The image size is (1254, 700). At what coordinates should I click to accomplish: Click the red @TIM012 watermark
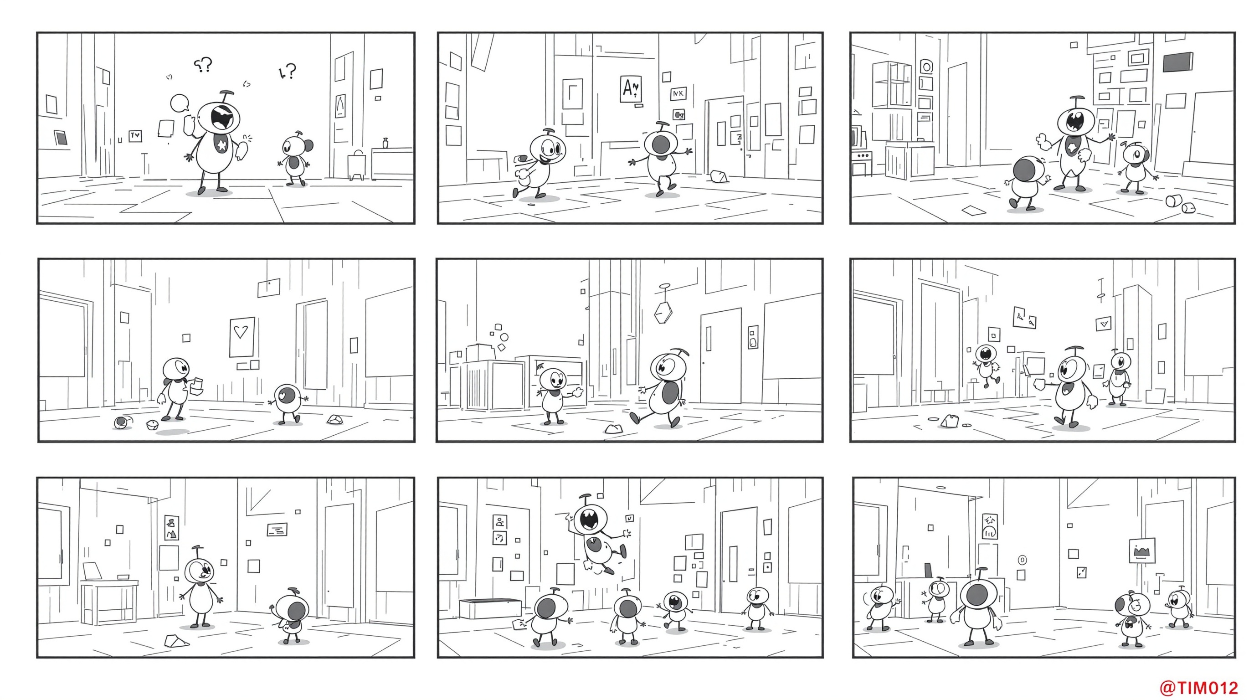(x=1198, y=688)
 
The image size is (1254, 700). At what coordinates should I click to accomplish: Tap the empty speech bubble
(x=180, y=103)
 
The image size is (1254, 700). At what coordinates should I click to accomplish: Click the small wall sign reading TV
(x=135, y=136)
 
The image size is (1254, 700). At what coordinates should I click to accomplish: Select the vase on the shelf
(x=385, y=143)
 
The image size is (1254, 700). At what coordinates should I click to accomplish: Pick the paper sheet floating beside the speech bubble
(x=166, y=129)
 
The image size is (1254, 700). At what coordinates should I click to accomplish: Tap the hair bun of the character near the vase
(x=308, y=145)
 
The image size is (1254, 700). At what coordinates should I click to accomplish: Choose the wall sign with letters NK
(x=678, y=93)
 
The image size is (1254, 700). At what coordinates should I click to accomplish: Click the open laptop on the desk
(x=92, y=571)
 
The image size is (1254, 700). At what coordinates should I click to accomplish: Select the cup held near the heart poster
(x=198, y=386)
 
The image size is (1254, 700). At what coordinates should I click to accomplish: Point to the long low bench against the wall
(x=490, y=608)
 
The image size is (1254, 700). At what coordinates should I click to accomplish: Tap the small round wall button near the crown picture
(x=1022, y=560)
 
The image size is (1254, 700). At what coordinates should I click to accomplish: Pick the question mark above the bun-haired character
(x=287, y=72)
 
